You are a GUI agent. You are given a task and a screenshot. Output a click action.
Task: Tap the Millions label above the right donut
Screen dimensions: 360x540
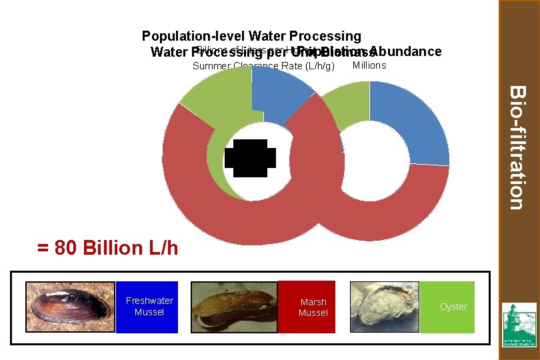point(369,65)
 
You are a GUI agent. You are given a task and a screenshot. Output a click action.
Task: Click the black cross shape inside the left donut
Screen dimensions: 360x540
point(250,158)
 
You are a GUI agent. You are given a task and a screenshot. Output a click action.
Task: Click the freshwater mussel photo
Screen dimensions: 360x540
point(69,307)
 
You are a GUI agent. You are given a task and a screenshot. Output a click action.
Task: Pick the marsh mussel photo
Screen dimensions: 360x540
point(233,307)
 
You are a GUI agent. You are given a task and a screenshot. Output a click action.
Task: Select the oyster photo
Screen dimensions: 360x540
point(385,307)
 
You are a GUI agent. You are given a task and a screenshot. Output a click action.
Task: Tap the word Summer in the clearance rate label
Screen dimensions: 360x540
point(208,66)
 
